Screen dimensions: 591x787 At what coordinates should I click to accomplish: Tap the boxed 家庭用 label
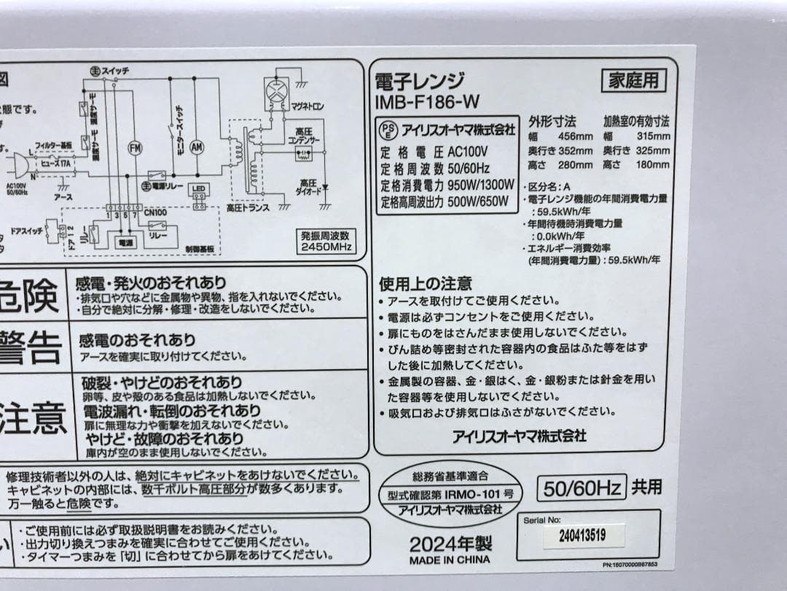(x=633, y=80)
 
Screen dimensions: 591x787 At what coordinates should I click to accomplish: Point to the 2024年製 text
(x=450, y=544)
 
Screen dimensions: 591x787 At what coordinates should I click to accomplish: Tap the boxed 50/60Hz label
(x=582, y=487)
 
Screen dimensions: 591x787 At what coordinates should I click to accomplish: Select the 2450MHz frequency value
(x=326, y=247)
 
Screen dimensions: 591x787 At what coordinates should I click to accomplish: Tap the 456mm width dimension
(x=576, y=136)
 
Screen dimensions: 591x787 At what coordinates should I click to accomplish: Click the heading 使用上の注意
(x=425, y=283)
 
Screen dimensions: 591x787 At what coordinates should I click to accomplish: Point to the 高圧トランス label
(x=248, y=209)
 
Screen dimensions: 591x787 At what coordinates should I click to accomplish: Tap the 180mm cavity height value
(x=652, y=166)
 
